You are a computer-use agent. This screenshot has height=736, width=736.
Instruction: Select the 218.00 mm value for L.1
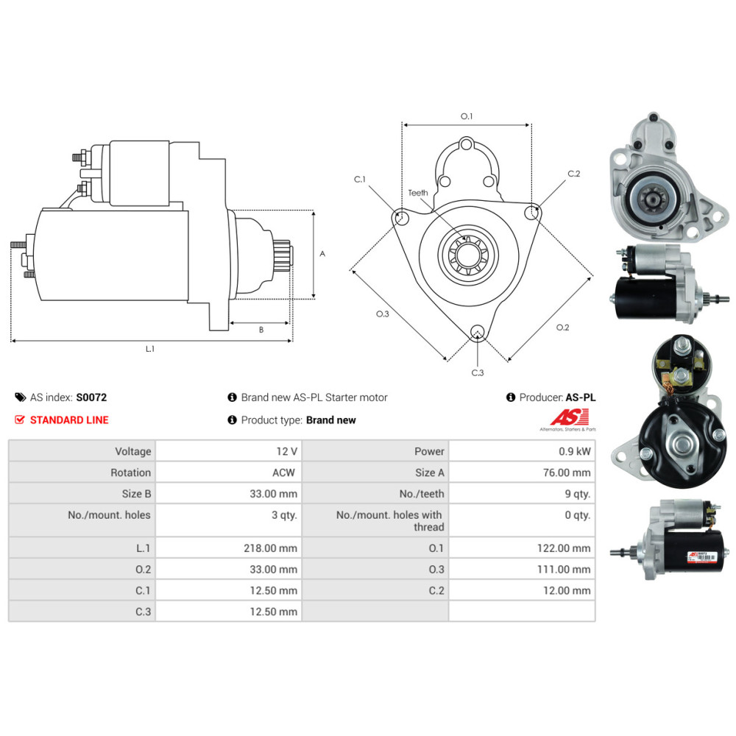(272, 548)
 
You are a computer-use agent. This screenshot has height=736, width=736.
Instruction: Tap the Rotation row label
(130, 473)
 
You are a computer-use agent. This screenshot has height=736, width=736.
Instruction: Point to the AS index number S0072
(91, 397)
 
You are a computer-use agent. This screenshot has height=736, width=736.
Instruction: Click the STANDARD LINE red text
(68, 420)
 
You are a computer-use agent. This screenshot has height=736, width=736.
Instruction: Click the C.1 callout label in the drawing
(360, 179)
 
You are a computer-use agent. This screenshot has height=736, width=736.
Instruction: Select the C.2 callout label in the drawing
(574, 174)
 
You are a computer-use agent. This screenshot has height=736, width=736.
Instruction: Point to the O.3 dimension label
(382, 314)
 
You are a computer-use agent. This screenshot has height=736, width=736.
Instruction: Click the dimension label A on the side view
(322, 253)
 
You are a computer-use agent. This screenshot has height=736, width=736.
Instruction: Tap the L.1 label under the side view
(150, 348)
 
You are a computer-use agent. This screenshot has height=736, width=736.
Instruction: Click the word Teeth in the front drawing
(418, 193)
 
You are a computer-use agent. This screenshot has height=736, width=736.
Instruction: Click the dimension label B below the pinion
(261, 330)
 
